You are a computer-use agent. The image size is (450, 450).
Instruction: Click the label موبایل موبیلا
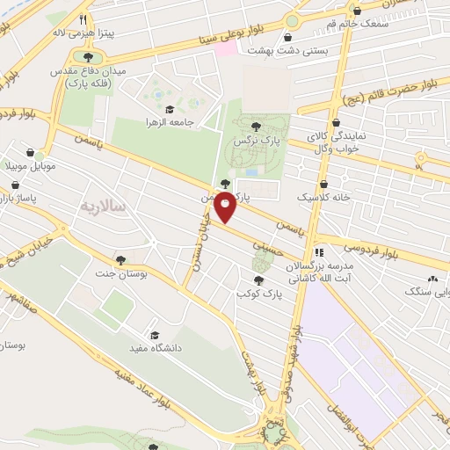30,165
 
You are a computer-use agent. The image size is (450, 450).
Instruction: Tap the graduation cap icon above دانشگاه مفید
155,335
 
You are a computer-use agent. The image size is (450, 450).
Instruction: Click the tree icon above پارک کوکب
257,280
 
